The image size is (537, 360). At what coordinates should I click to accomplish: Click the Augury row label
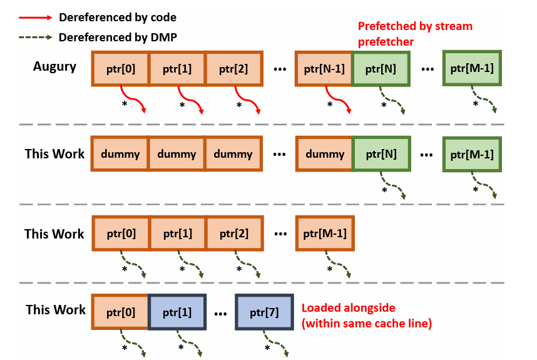click(x=54, y=67)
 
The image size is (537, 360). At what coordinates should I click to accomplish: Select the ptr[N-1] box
click(x=324, y=68)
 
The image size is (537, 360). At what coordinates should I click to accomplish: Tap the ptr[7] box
click(x=264, y=312)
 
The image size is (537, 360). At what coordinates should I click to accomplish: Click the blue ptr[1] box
click(x=177, y=312)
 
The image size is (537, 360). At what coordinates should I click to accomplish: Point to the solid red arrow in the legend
click(x=36, y=18)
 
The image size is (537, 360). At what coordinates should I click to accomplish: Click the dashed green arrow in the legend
click(x=36, y=37)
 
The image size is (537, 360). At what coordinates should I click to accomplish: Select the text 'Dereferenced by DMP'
click(x=118, y=37)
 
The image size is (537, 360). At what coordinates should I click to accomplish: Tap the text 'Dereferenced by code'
click(x=118, y=17)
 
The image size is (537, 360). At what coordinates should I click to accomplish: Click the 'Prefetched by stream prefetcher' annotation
click(x=415, y=34)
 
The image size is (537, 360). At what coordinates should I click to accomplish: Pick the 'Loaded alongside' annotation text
click(x=348, y=307)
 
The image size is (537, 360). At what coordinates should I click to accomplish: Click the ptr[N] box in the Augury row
click(x=381, y=68)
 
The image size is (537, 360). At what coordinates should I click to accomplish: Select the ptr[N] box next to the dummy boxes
click(x=381, y=154)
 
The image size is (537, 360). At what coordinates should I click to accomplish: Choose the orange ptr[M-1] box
click(x=325, y=234)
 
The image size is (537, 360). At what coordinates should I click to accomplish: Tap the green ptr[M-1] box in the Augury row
click(x=472, y=68)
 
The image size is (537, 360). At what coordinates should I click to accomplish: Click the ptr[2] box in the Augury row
click(x=233, y=68)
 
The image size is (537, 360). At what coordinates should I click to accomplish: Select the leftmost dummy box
click(x=120, y=154)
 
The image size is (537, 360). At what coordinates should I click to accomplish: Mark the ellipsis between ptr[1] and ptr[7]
click(x=220, y=314)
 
